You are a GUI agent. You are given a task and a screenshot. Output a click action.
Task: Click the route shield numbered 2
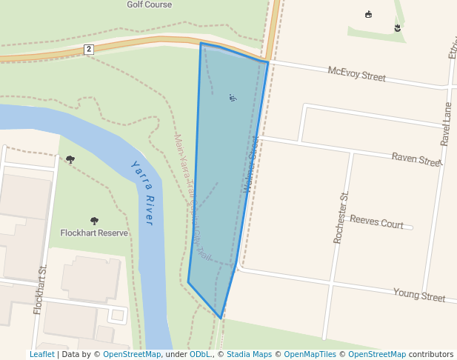(89, 49)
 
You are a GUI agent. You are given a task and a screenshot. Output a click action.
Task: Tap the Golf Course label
(149, 4)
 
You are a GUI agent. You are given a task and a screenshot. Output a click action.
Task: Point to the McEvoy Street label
(357, 76)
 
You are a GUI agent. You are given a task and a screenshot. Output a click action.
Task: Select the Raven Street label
(416, 159)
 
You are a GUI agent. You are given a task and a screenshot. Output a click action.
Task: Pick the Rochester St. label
(341, 217)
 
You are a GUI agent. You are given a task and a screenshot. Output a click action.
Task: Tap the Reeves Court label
(376, 221)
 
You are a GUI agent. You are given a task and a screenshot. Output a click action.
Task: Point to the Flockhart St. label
(40, 289)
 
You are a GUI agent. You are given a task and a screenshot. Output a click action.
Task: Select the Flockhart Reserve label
(94, 233)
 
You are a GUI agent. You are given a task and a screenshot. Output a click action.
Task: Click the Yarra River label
(141, 193)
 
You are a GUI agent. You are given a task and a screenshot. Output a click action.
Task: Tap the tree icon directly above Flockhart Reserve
(94, 221)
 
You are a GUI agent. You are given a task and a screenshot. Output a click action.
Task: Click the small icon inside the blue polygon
(233, 97)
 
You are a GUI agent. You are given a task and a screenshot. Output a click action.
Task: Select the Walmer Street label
(250, 164)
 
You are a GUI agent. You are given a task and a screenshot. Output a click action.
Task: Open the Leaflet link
(41, 354)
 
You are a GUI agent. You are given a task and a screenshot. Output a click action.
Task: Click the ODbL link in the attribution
(200, 354)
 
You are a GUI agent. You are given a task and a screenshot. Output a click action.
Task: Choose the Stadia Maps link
(249, 354)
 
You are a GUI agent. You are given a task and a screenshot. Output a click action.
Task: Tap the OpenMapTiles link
(310, 354)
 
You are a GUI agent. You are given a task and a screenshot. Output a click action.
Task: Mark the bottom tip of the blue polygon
(221, 319)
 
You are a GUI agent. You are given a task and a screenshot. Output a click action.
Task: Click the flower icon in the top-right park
(397, 28)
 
